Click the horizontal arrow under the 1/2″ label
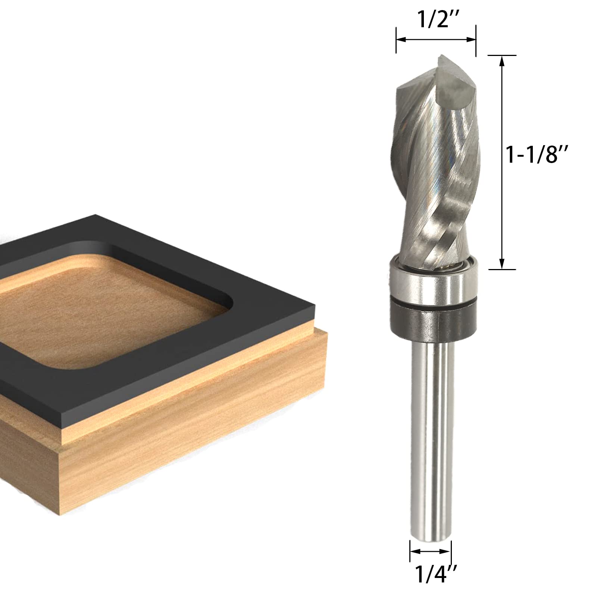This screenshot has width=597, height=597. click(436, 39)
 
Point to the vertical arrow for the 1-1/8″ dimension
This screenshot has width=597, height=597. click(502, 162)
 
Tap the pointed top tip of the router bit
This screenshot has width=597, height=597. click(440, 56)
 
